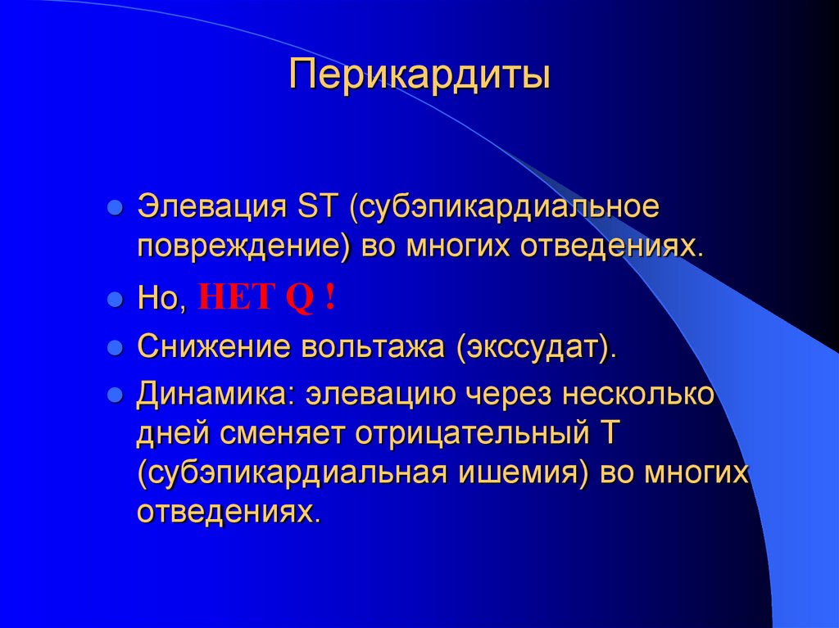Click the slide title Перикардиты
point(419,76)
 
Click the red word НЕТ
point(235,299)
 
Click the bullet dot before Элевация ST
point(116,206)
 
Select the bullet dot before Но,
point(116,300)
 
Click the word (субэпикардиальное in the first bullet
point(505,206)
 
